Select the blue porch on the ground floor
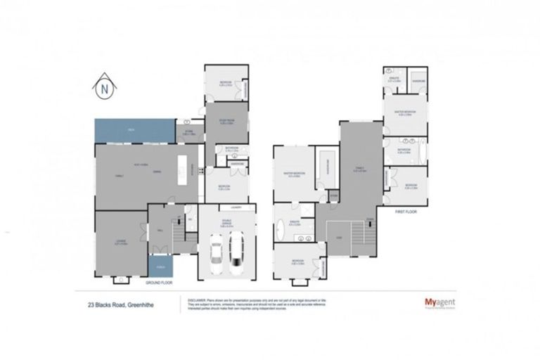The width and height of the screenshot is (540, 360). [x=160, y=267]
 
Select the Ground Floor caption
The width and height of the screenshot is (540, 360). [x=159, y=282]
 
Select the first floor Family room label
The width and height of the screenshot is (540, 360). [x=359, y=168]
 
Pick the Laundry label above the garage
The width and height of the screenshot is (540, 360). [x=225, y=207]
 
